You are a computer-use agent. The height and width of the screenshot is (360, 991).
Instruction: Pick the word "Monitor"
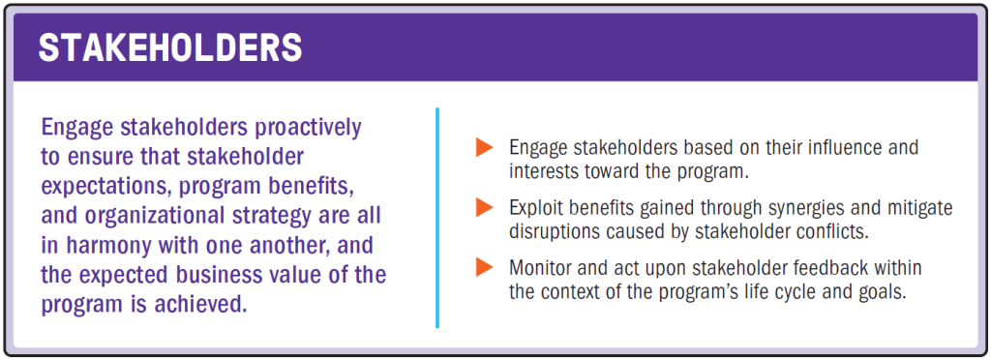[x=541, y=267]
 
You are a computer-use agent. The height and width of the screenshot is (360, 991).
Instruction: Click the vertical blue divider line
[x=437, y=218]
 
